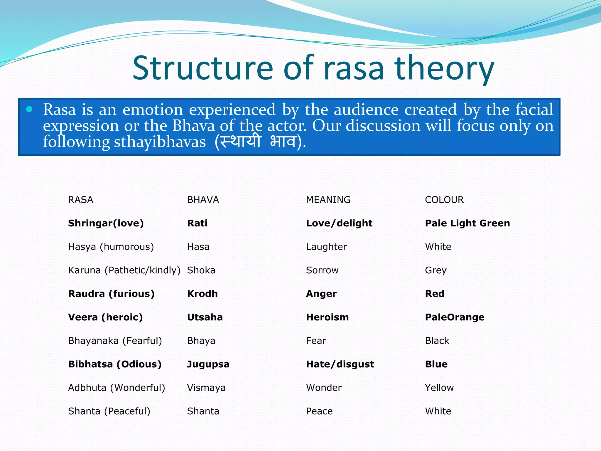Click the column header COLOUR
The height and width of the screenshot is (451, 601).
click(x=444, y=200)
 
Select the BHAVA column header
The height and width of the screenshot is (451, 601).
click(x=203, y=200)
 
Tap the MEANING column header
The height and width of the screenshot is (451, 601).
click(x=328, y=200)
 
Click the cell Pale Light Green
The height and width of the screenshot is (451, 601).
click(x=467, y=223)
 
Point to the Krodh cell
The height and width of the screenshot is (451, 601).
click(x=202, y=294)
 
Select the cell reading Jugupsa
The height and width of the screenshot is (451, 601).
click(x=208, y=364)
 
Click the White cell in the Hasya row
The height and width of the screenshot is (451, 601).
click(x=438, y=247)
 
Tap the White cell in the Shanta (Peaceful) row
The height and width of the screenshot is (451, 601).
click(x=438, y=411)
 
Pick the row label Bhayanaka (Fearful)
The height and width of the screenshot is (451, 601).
click(x=115, y=341)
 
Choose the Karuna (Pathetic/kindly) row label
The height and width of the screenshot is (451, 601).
click(x=124, y=270)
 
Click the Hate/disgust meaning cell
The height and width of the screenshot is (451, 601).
click(x=340, y=364)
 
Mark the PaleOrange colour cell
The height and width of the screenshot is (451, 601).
click(x=455, y=317)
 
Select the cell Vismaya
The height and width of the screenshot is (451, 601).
click(x=206, y=388)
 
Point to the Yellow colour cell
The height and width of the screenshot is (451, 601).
click(x=439, y=388)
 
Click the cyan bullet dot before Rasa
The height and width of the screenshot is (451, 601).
click(x=29, y=110)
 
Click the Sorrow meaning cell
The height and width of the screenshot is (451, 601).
click(x=322, y=270)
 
